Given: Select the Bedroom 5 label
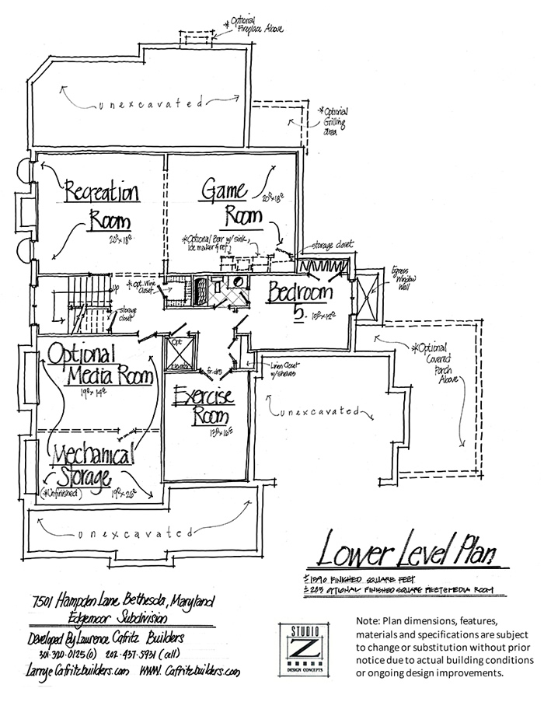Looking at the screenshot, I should [300, 299].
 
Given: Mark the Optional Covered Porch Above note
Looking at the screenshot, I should [443, 358].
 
